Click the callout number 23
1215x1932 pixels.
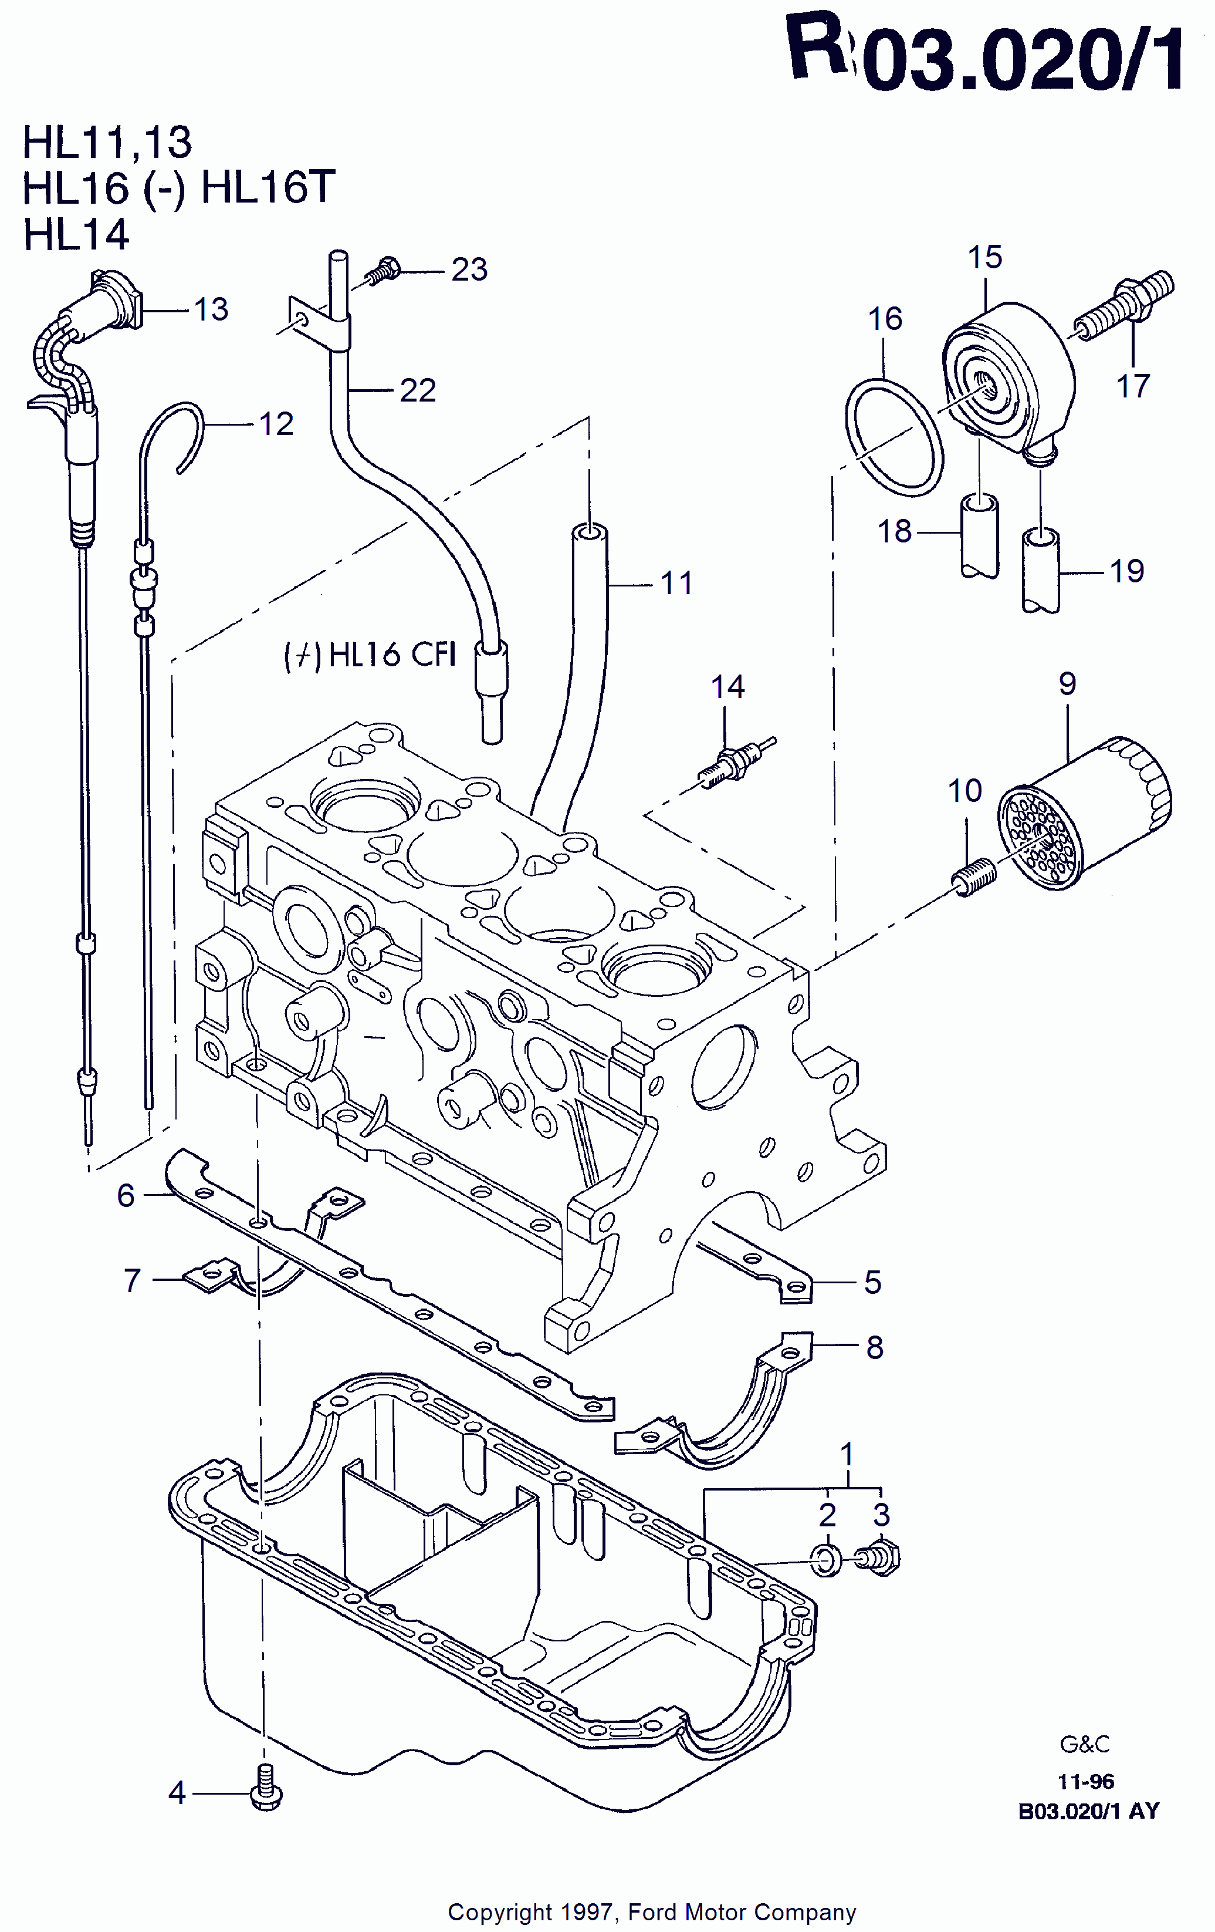(469, 269)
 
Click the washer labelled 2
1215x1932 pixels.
(827, 1559)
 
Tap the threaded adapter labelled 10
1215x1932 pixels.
(973, 876)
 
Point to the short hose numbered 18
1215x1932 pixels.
(980, 536)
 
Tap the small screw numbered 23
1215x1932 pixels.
(383, 271)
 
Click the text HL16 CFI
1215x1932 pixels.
(371, 654)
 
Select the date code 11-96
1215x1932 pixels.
(1086, 1781)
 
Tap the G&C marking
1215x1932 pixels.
(1085, 1744)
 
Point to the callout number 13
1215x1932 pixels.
(212, 309)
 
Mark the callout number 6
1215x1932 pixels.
(126, 1195)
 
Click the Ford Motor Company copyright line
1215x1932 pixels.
(652, 1912)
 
